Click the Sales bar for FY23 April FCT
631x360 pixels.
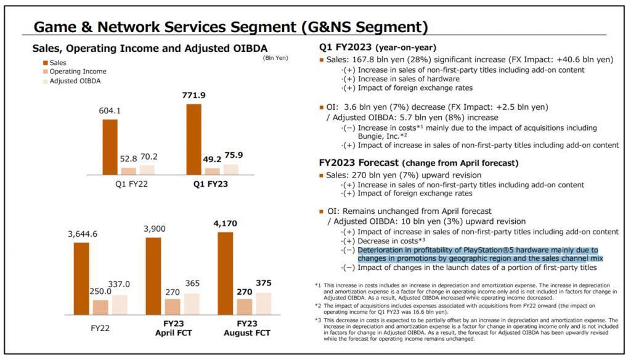click(x=153, y=276)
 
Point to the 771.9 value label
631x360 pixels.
click(x=193, y=96)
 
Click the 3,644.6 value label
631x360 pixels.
click(x=83, y=234)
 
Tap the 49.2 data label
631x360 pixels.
click(x=213, y=159)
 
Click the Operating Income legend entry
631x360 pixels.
click(x=78, y=72)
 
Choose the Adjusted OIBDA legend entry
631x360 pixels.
click(x=75, y=81)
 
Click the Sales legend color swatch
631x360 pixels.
click(x=46, y=63)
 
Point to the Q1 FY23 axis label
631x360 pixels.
click(x=211, y=184)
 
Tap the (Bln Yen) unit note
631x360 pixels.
click(x=275, y=58)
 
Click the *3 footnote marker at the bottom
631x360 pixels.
click(x=319, y=321)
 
